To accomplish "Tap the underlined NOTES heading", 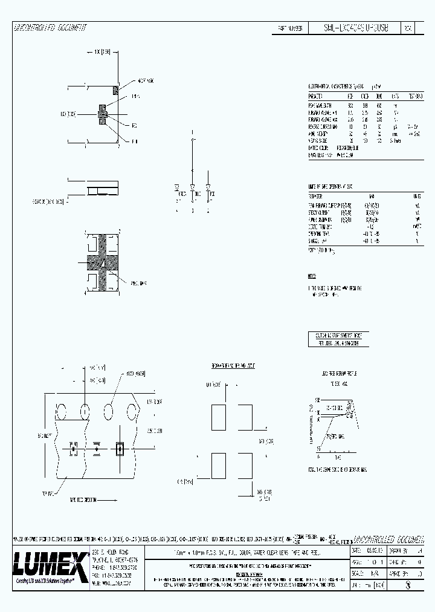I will [312, 276].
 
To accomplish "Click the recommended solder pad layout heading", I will [233, 366].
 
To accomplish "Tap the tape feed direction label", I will [84, 484].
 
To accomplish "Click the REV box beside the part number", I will [408, 28].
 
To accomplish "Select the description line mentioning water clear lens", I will [247, 552].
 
